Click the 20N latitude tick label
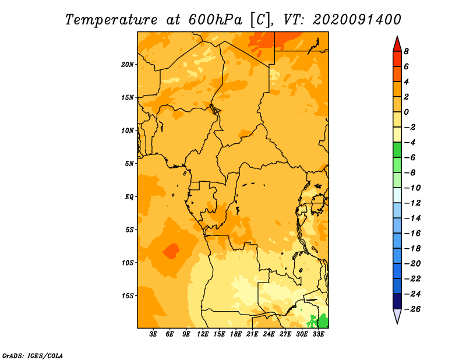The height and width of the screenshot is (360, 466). (x=127, y=64)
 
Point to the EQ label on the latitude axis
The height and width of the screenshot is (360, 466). (x=129, y=196)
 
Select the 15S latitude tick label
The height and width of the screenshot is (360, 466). (x=127, y=296)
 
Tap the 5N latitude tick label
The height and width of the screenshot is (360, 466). (x=129, y=164)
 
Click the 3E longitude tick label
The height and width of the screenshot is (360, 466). (x=153, y=334)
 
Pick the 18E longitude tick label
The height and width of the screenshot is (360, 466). (x=236, y=334)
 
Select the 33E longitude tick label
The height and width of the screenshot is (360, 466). (x=318, y=334)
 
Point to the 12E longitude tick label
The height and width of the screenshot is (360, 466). (x=203, y=334)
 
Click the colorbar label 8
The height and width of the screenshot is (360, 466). (x=406, y=51)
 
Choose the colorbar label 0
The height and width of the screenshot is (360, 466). (x=406, y=112)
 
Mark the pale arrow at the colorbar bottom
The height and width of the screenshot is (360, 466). (x=397, y=316)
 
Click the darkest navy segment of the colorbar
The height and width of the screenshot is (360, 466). (x=397, y=301)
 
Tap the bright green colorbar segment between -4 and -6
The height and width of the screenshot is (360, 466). (x=397, y=150)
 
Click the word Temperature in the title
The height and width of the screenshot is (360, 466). (x=111, y=20)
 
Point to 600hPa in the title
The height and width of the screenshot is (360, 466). (x=215, y=20)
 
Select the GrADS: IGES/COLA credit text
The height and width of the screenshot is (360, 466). (x=33, y=356)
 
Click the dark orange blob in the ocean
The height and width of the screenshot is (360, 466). (x=171, y=251)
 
